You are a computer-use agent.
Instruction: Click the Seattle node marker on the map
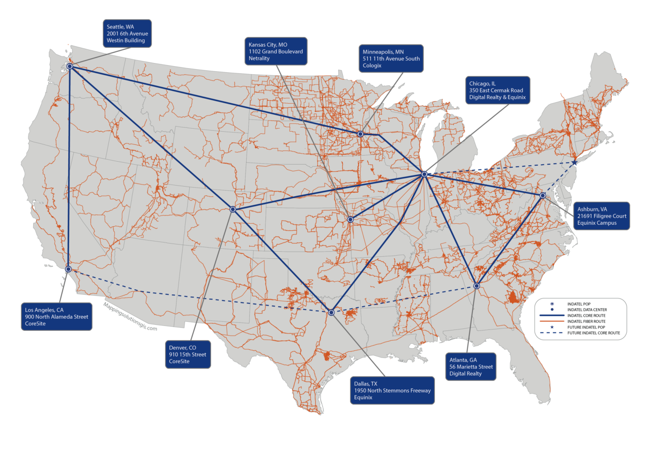pos(69,66)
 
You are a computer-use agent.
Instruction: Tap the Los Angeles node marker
pos(68,269)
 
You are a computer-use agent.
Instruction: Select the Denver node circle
pos(232,209)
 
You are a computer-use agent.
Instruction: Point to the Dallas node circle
pos(331,312)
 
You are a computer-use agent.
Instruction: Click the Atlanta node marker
pos(477,286)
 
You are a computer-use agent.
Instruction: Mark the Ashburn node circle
pos(543,195)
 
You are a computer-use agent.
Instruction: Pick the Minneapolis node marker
pos(360,134)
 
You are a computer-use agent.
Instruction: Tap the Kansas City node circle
pos(350,219)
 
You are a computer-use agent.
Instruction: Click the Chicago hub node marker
pos(424,174)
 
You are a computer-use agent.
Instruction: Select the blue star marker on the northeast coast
pos(574,163)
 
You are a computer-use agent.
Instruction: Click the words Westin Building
pos(126,41)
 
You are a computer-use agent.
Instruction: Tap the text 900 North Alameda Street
pos(56,317)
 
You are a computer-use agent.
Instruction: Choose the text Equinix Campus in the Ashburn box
pos(597,223)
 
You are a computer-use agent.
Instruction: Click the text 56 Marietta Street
pos(471,367)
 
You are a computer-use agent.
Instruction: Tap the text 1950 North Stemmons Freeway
pos(392,390)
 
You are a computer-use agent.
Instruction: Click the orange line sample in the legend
pos(552,321)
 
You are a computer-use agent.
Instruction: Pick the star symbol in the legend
pos(552,327)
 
